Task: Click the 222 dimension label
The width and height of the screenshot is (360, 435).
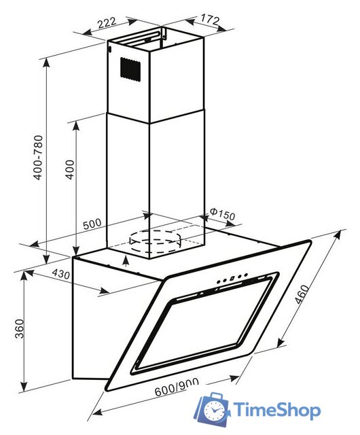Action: (x=106, y=23)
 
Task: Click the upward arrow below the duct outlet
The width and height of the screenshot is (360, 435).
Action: (x=127, y=261)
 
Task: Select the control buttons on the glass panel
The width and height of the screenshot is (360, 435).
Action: (x=230, y=279)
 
